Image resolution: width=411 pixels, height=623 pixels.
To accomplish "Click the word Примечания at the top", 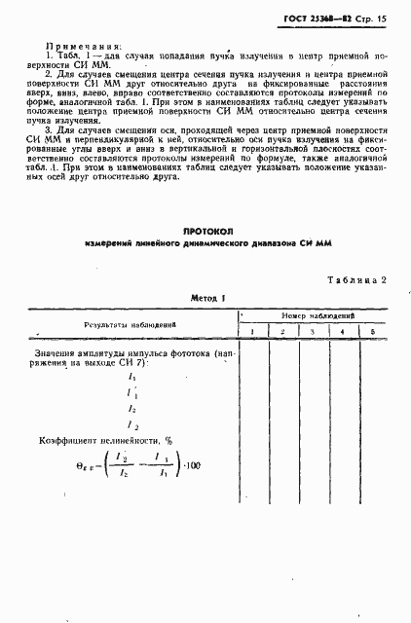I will (83, 45).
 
